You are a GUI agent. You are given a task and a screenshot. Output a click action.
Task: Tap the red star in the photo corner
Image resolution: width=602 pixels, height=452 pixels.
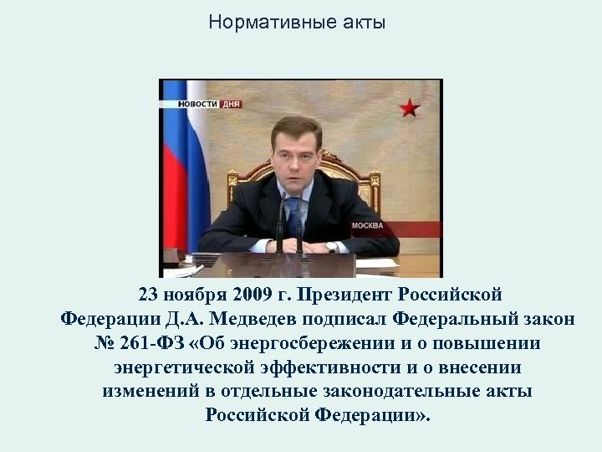pos(409,106)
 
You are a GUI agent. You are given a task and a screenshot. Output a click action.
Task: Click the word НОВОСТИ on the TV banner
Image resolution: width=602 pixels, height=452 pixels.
pos(197,104)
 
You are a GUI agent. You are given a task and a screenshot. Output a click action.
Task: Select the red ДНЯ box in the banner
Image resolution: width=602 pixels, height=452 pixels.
pos(229,104)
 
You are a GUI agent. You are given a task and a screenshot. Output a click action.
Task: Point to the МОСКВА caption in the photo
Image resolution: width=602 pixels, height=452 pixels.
pos(368,226)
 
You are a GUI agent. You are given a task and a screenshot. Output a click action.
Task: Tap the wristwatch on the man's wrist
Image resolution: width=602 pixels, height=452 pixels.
pos(332,247)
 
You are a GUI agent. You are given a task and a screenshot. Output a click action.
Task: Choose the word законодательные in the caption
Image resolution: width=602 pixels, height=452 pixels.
pos(394,391)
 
